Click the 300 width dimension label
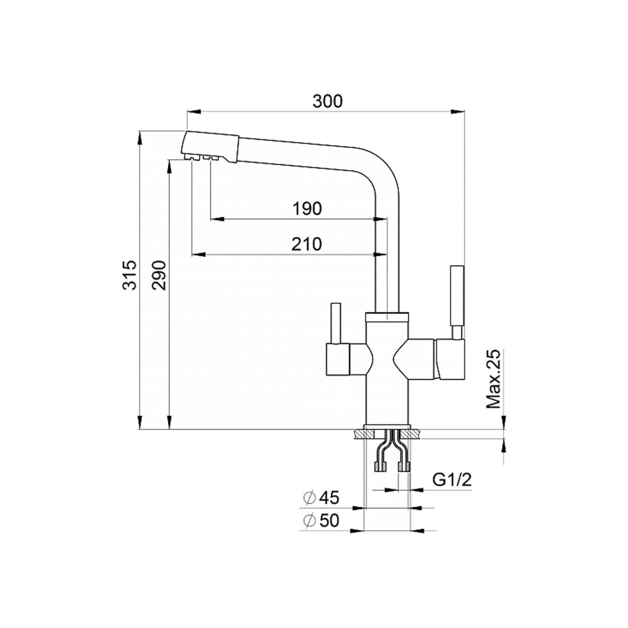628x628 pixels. [328, 101]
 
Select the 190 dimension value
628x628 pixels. [307, 208]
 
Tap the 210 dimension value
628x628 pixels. [307, 244]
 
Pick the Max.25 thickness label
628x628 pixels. [493, 379]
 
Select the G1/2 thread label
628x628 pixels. [452, 480]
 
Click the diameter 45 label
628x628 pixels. [321, 498]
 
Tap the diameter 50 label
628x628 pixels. [321, 520]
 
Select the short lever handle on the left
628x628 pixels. [335, 324]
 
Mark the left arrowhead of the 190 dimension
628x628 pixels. [216, 219]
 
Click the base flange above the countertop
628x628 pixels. [387, 426]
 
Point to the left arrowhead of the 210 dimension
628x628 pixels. [199, 254]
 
